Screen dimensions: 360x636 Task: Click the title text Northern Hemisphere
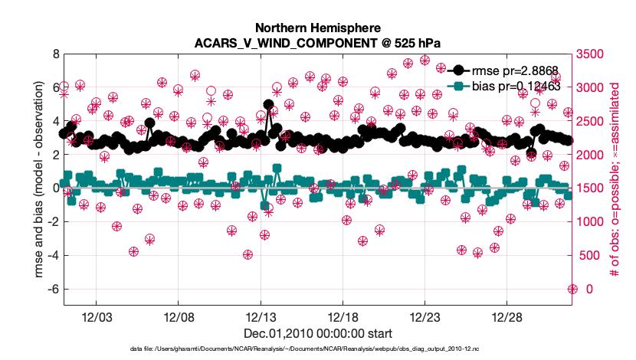tap(318, 25)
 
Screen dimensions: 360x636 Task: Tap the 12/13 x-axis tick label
tap(261, 317)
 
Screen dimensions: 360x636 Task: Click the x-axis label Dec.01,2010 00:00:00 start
tap(318, 334)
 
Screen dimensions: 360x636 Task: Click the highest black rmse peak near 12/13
tap(268, 104)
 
